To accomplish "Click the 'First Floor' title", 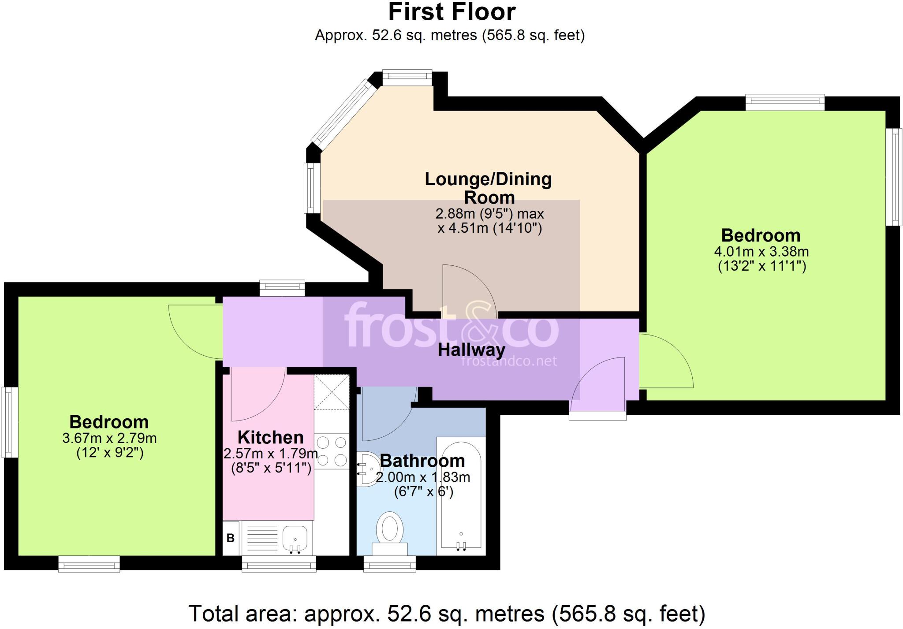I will (451, 12).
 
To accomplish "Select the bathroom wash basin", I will (367, 469).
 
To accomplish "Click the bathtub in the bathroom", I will (461, 496).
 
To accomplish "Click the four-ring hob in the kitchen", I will (332, 450).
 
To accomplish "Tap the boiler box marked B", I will (231, 538).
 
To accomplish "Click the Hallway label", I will (471, 350).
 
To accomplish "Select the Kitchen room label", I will (270, 437).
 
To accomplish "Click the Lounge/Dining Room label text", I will (488, 188).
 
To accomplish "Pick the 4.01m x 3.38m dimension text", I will (761, 252).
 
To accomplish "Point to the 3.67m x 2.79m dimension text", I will (109, 438).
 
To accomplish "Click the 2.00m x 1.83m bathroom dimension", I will (423, 477).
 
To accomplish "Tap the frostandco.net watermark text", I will (509, 361).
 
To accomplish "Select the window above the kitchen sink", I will (279, 563).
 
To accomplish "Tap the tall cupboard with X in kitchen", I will (332, 392).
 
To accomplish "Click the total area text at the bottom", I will (447, 613).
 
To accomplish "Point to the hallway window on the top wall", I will (282, 288).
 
